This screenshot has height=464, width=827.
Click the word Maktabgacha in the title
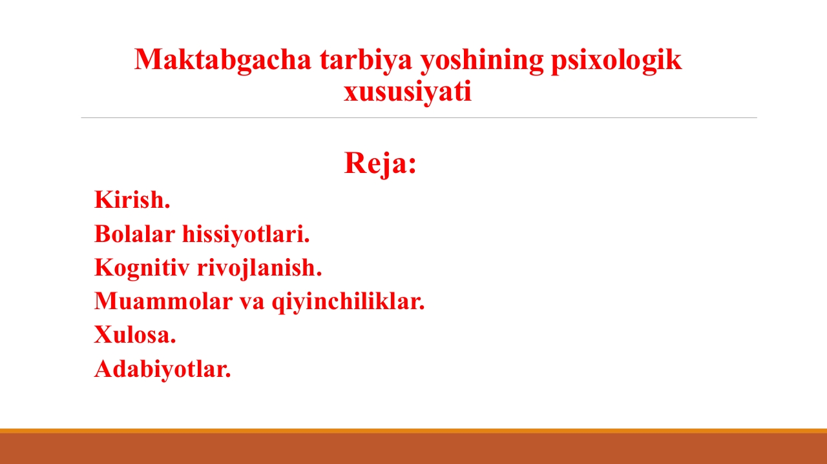click(x=223, y=61)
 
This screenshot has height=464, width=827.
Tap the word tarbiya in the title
click(x=366, y=61)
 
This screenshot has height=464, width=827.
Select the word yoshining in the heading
click(x=482, y=61)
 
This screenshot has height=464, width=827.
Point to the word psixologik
click(x=616, y=61)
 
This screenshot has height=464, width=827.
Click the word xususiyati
click(x=408, y=92)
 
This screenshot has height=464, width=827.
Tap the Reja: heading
click(x=381, y=163)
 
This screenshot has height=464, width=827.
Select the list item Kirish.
click(x=132, y=199)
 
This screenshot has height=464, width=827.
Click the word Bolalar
click(x=135, y=234)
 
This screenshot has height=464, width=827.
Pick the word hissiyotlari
click(x=246, y=235)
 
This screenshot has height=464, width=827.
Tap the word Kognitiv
click(x=142, y=268)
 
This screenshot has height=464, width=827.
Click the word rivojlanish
click(x=260, y=268)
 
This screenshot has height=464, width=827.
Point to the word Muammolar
click(x=163, y=301)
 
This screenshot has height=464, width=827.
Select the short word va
click(x=252, y=303)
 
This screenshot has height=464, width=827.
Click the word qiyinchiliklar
click(x=348, y=302)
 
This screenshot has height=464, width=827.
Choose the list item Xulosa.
click(x=135, y=336)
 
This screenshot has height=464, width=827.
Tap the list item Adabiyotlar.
click(x=163, y=370)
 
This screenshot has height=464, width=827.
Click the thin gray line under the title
click(x=419, y=117)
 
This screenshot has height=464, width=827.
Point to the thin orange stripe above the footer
click(x=413, y=431)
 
